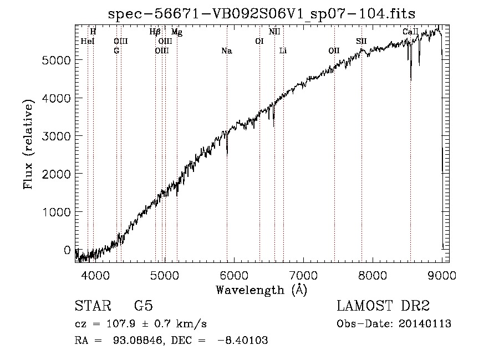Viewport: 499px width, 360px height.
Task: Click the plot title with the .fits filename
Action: (x=262, y=14)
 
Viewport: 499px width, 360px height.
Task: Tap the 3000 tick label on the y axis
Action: (x=56, y=136)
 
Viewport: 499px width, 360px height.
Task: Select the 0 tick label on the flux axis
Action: (x=67, y=250)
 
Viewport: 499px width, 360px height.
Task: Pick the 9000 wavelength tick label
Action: (x=442, y=275)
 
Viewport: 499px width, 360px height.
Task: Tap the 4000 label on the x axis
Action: (x=95, y=275)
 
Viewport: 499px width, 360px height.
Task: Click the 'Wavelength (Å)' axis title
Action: (x=262, y=290)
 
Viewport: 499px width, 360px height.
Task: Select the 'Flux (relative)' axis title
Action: (x=28, y=145)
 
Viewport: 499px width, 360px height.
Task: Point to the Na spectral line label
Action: (x=227, y=51)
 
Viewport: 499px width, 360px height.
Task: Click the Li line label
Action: (x=283, y=50)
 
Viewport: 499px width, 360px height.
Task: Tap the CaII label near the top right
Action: (x=410, y=32)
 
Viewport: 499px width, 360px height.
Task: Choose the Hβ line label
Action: (x=155, y=32)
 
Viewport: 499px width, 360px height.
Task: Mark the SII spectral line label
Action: (x=361, y=41)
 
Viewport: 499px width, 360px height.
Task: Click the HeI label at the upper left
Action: (x=88, y=41)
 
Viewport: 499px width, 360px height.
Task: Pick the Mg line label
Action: (x=177, y=32)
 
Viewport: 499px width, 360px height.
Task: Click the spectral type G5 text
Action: (x=144, y=306)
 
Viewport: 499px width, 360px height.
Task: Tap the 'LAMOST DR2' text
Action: (x=383, y=306)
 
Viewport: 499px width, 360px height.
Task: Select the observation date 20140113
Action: (x=425, y=324)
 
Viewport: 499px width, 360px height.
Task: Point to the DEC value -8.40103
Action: (x=242, y=340)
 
